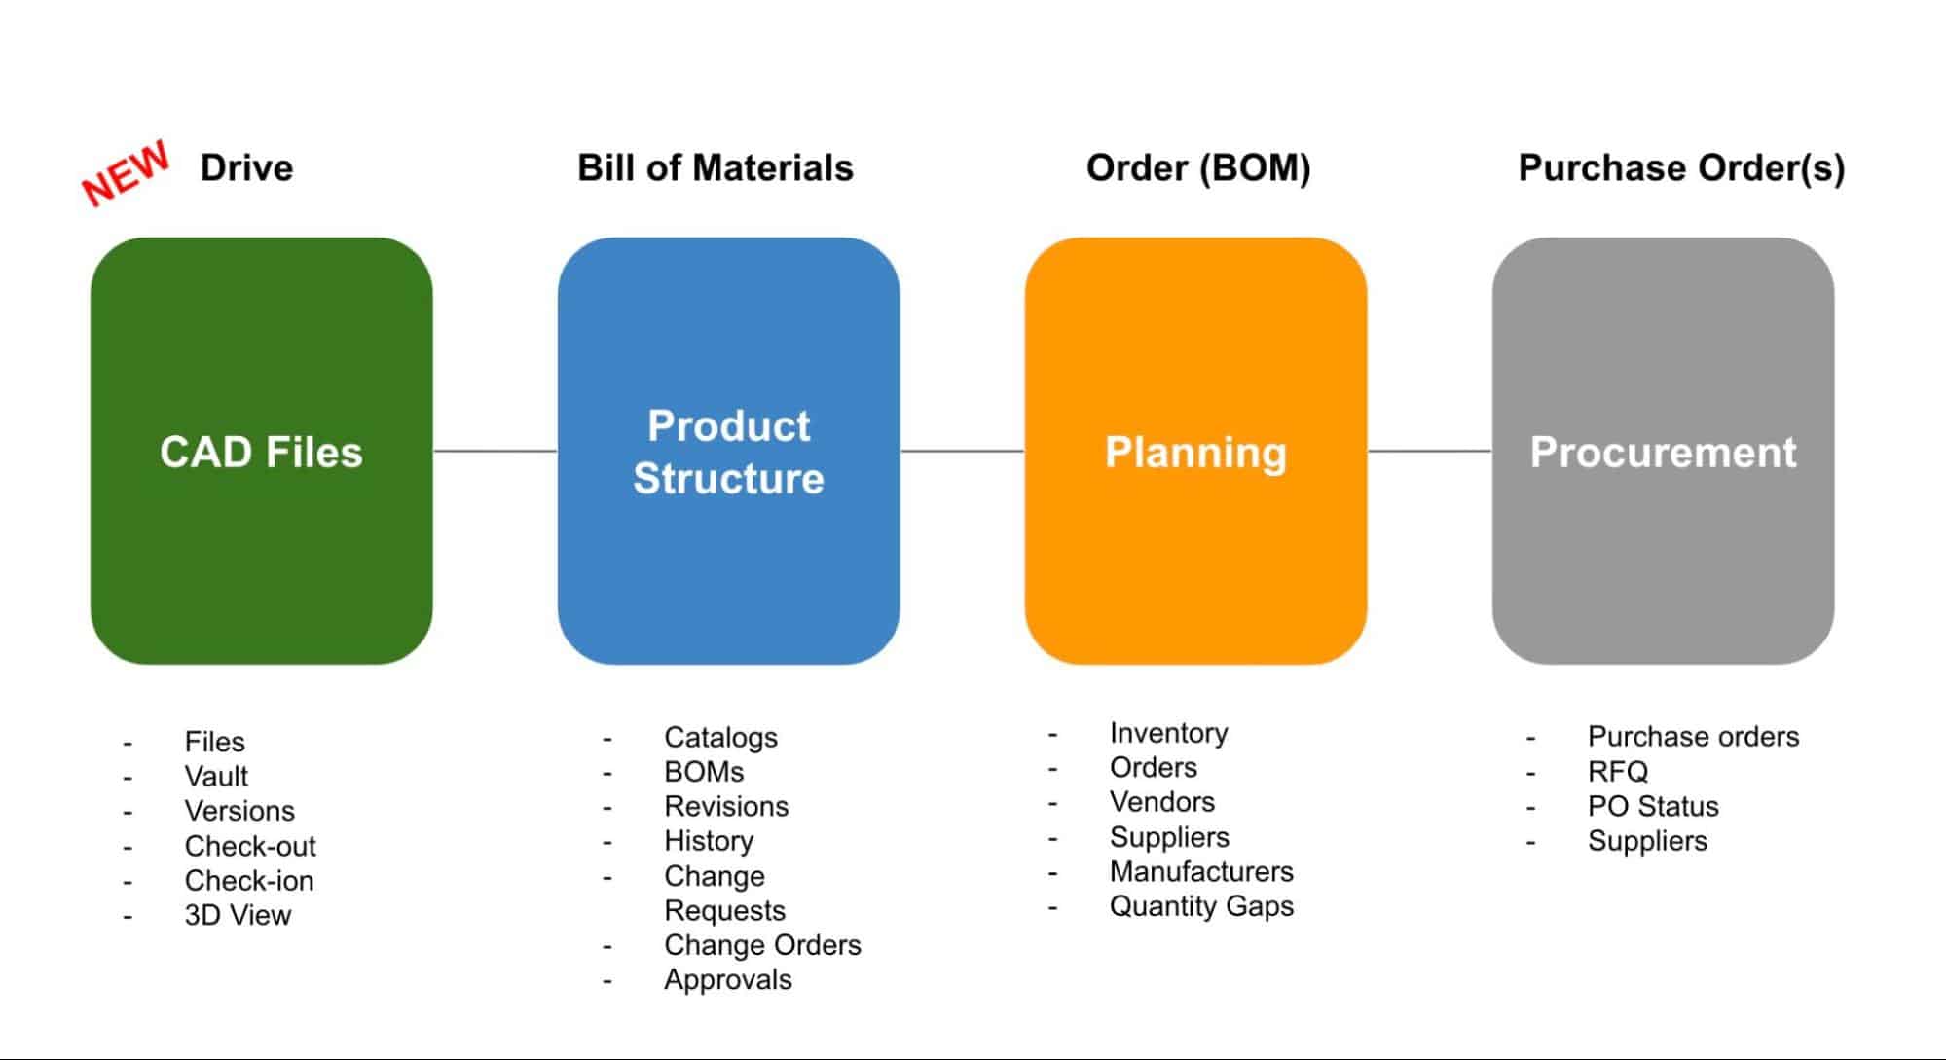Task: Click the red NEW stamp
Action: point(126,173)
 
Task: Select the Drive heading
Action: point(246,167)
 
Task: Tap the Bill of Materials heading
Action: point(716,167)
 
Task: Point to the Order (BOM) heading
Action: point(1198,167)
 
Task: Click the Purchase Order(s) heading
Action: point(1681,167)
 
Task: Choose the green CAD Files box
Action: point(262,451)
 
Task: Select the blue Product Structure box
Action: point(729,451)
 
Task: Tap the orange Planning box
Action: point(1196,451)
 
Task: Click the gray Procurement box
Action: point(1664,451)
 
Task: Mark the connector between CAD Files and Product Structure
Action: point(496,451)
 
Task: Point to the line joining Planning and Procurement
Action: point(1430,451)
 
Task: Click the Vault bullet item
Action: point(216,776)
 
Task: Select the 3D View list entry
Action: point(238,915)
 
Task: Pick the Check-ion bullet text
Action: point(249,880)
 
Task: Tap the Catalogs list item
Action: point(720,738)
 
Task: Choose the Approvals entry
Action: point(728,980)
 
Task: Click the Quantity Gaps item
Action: point(1201,906)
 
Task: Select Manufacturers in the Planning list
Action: point(1201,871)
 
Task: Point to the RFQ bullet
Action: point(1618,772)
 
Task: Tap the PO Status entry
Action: point(1653,806)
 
